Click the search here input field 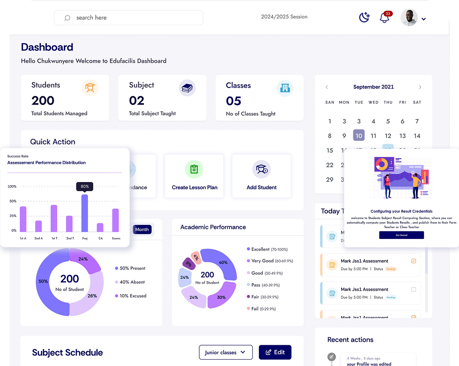click(128, 18)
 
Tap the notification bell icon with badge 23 click(384, 18)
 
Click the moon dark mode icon click(364, 18)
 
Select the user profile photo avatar click(409, 18)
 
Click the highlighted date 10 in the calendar click(359, 136)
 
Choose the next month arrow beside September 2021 click(420, 87)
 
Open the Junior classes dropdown click(225, 352)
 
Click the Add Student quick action click(261, 176)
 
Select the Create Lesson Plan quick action click(194, 176)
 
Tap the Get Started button click(401, 235)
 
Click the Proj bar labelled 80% click(85, 213)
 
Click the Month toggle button click(142, 229)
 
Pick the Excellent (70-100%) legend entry click(269, 249)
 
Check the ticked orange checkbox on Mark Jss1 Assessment click(414, 261)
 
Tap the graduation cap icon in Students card click(90, 87)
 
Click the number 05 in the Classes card click(234, 101)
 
